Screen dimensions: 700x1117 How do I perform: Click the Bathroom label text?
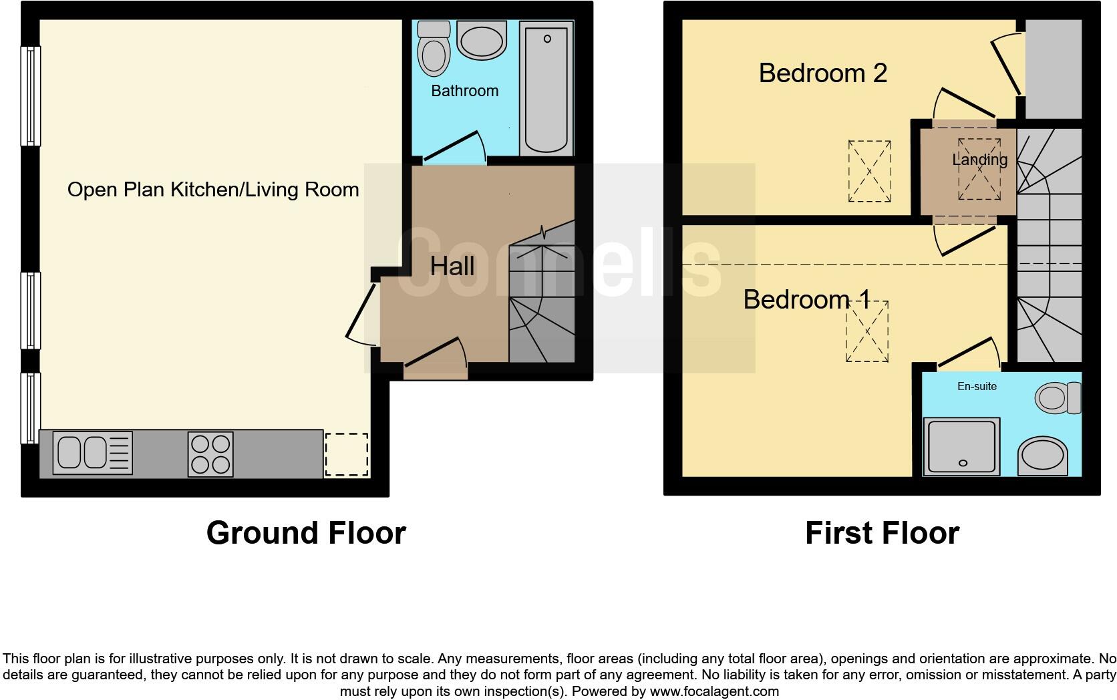click(464, 91)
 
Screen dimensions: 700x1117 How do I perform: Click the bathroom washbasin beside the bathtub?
click(480, 41)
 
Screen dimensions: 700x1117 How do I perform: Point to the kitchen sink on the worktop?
click(94, 453)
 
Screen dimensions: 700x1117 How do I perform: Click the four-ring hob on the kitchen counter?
click(210, 454)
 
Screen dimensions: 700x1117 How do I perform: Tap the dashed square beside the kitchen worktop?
click(346, 454)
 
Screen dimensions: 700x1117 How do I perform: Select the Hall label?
click(452, 267)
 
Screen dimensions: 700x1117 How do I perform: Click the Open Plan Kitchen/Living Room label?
click(213, 190)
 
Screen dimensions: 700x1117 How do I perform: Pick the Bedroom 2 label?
click(822, 73)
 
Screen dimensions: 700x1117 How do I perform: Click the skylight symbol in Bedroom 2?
click(869, 171)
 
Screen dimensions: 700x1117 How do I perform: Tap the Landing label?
click(979, 160)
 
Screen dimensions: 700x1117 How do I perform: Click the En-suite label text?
click(977, 386)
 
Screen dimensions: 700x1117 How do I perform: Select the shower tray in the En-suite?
click(962, 446)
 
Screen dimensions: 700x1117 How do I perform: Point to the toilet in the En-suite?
click(1058, 398)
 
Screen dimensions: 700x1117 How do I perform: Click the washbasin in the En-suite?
click(1042, 456)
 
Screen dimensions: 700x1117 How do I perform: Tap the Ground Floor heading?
click(306, 533)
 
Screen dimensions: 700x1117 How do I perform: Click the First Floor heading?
click(882, 533)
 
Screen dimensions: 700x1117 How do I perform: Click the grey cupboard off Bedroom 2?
click(1053, 70)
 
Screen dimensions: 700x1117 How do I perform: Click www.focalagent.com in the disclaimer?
click(713, 691)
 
